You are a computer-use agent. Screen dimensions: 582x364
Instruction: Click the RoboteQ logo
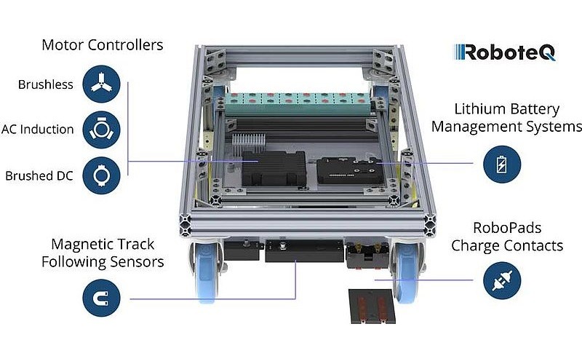(505, 52)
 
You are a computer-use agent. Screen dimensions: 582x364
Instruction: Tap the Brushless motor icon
(101, 84)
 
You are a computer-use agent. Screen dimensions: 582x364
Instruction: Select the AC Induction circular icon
(101, 130)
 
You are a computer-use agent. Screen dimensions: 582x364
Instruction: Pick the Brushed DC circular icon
(101, 175)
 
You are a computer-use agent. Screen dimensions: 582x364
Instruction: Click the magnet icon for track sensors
(101, 298)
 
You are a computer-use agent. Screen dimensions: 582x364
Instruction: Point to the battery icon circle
(502, 165)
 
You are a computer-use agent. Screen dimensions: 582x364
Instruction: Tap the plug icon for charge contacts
(502, 280)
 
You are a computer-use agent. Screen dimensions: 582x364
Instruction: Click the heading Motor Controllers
(102, 45)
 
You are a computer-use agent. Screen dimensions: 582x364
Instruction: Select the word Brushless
(45, 84)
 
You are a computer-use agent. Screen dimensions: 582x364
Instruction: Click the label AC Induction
(38, 130)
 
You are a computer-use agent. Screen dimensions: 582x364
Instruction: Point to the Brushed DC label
(39, 175)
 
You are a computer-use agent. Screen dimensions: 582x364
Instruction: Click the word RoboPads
(507, 228)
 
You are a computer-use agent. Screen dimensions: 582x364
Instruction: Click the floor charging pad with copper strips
(372, 306)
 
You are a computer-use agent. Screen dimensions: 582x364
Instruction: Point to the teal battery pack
(298, 104)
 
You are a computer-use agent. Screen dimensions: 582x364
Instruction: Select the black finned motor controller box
(274, 168)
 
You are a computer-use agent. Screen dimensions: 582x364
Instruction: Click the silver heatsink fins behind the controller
(249, 143)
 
